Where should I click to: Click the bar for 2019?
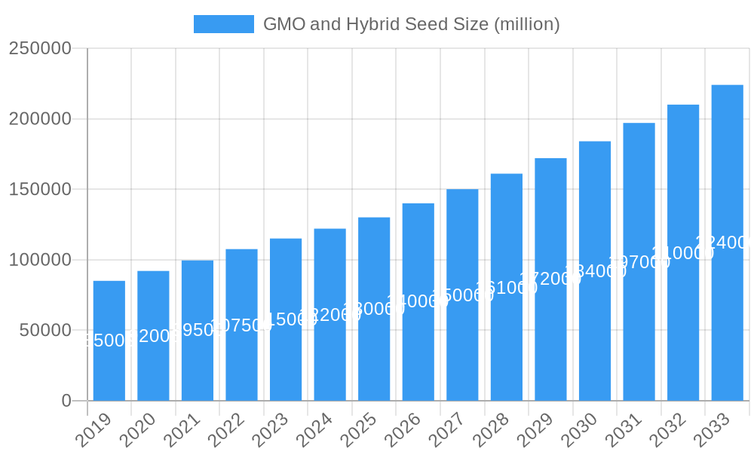[109, 341]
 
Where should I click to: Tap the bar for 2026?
[418, 301]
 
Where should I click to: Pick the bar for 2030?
[595, 270]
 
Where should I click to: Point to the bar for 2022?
[241, 325]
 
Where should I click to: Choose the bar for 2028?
[507, 287]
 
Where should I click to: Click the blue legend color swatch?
[223, 24]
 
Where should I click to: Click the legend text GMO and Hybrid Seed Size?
[411, 24]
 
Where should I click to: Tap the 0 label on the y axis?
[66, 401]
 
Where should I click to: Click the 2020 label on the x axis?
[138, 430]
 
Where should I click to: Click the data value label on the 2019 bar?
[109, 341]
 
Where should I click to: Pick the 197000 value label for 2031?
[639, 262]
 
